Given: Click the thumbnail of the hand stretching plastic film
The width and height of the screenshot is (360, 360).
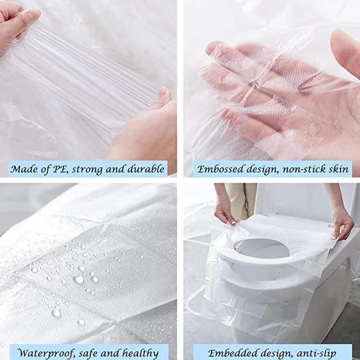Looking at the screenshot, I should pos(88,81).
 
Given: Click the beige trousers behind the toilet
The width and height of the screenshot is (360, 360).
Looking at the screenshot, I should pos(241,198).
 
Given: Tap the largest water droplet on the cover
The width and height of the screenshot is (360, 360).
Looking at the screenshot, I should pos(78,279).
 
